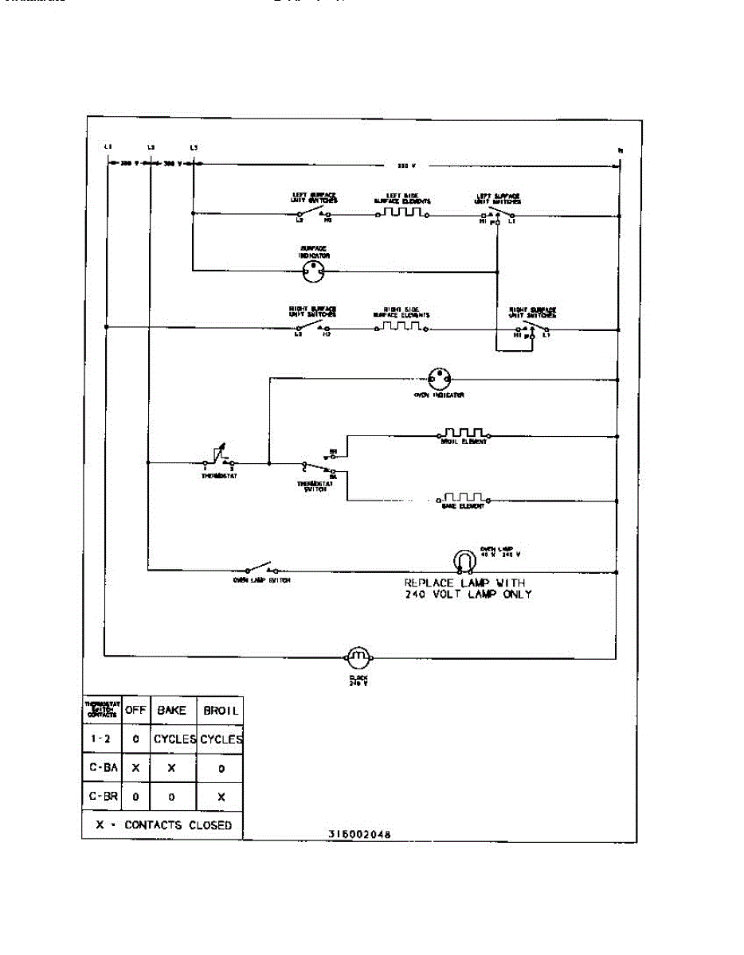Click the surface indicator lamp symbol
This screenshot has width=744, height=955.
[313, 271]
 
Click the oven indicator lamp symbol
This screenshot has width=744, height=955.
[438, 378]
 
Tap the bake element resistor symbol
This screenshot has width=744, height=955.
[463, 499]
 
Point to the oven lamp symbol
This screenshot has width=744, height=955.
[463, 561]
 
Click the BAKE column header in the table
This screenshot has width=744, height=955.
[172, 710]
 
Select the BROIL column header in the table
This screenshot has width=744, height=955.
[221, 710]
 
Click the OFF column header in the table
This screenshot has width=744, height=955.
[135, 710]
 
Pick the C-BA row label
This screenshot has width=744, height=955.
[102, 769]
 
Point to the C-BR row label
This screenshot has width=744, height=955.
[102, 796]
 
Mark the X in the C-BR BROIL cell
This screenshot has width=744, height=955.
[221, 796]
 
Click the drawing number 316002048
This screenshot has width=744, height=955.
[359, 834]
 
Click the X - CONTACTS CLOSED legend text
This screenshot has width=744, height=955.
[163, 825]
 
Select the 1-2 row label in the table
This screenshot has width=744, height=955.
[102, 739]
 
